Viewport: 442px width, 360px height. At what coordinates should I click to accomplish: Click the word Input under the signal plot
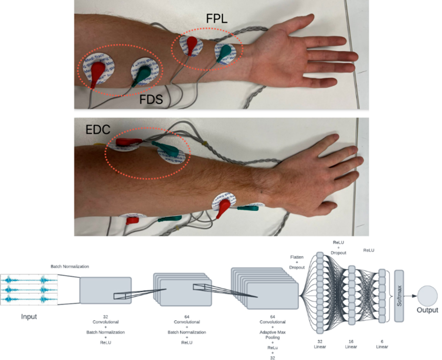[29, 317]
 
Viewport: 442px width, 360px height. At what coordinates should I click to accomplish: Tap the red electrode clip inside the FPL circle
[191, 45]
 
